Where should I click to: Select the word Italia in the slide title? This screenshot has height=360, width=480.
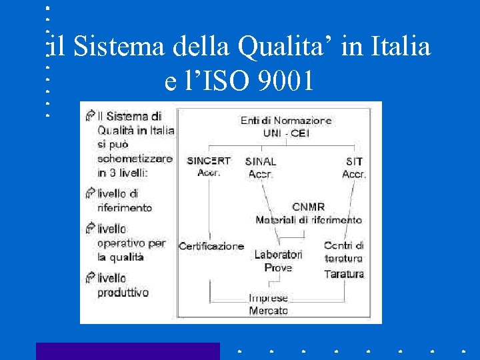[399, 47]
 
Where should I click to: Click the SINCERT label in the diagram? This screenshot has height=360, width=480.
[209, 161]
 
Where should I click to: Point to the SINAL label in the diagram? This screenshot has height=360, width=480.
[261, 161]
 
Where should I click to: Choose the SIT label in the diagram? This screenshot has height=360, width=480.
[354, 161]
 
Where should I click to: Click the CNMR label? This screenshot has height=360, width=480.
[309, 207]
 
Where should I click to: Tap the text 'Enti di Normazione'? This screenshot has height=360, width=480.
[287, 121]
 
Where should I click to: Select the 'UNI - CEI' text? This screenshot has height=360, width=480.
[287, 133]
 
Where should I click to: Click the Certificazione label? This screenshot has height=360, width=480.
[211, 246]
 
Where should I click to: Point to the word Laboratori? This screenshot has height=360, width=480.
[278, 254]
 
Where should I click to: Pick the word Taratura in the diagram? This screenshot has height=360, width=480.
[344, 273]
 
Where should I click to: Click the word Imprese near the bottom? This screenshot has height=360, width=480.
[269, 298]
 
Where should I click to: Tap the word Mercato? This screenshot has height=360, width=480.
[269, 310]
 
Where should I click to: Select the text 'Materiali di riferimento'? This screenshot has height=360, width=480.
[309, 219]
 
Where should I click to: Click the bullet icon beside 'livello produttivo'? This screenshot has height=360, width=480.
[90, 277]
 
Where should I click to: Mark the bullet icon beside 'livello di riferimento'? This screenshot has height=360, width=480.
[90, 193]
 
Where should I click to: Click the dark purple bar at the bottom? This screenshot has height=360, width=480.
[127, 351]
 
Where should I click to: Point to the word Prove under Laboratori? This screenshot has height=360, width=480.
[278, 267]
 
